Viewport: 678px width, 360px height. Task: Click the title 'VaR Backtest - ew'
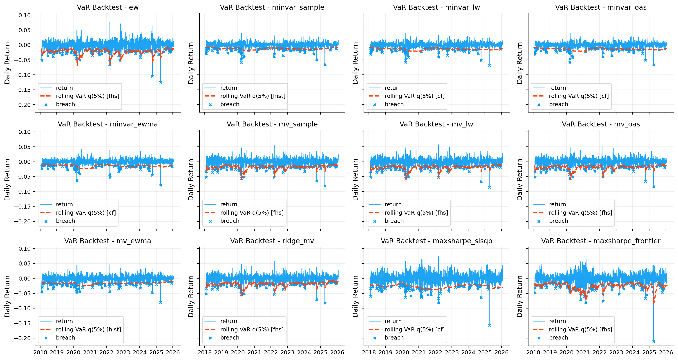[x=108, y=7]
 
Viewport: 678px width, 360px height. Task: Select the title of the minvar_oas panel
[x=601, y=7]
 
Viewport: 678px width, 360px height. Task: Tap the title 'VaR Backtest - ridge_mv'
[x=272, y=241]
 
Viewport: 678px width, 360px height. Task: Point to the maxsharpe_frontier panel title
[x=601, y=241]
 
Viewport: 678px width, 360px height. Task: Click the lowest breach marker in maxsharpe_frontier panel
[x=653, y=341]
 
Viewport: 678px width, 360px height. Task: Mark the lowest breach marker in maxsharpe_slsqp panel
[x=489, y=326]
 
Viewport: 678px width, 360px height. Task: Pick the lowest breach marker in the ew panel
[x=161, y=82]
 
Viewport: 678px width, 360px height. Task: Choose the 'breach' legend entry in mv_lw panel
[x=394, y=221]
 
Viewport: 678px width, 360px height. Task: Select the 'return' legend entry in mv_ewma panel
[x=64, y=321]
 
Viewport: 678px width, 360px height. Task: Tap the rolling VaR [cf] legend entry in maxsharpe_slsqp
[x=414, y=329]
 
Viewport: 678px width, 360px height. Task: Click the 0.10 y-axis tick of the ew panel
[x=25, y=15]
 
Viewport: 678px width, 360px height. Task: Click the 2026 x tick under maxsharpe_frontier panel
[x=666, y=352]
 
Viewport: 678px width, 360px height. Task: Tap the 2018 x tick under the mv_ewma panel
[x=40, y=352]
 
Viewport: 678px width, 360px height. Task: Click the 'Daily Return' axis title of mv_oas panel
[x=519, y=180]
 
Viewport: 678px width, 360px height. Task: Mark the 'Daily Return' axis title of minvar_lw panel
[x=355, y=63]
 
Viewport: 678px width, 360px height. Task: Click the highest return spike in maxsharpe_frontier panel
[x=585, y=252]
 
